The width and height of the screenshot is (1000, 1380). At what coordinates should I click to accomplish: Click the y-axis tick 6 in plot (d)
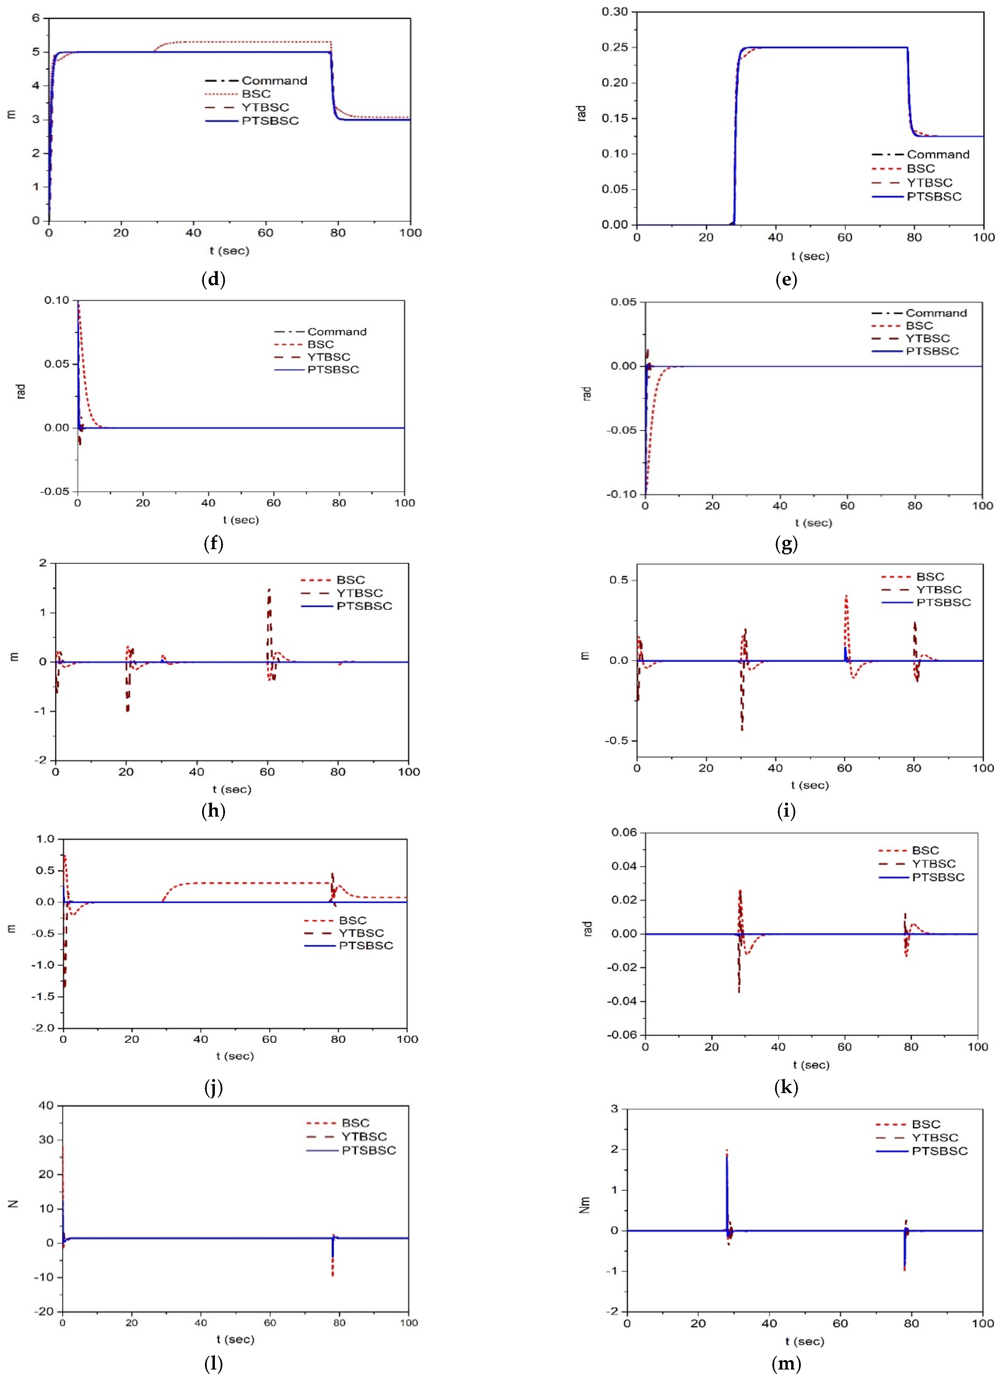click(36, 18)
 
